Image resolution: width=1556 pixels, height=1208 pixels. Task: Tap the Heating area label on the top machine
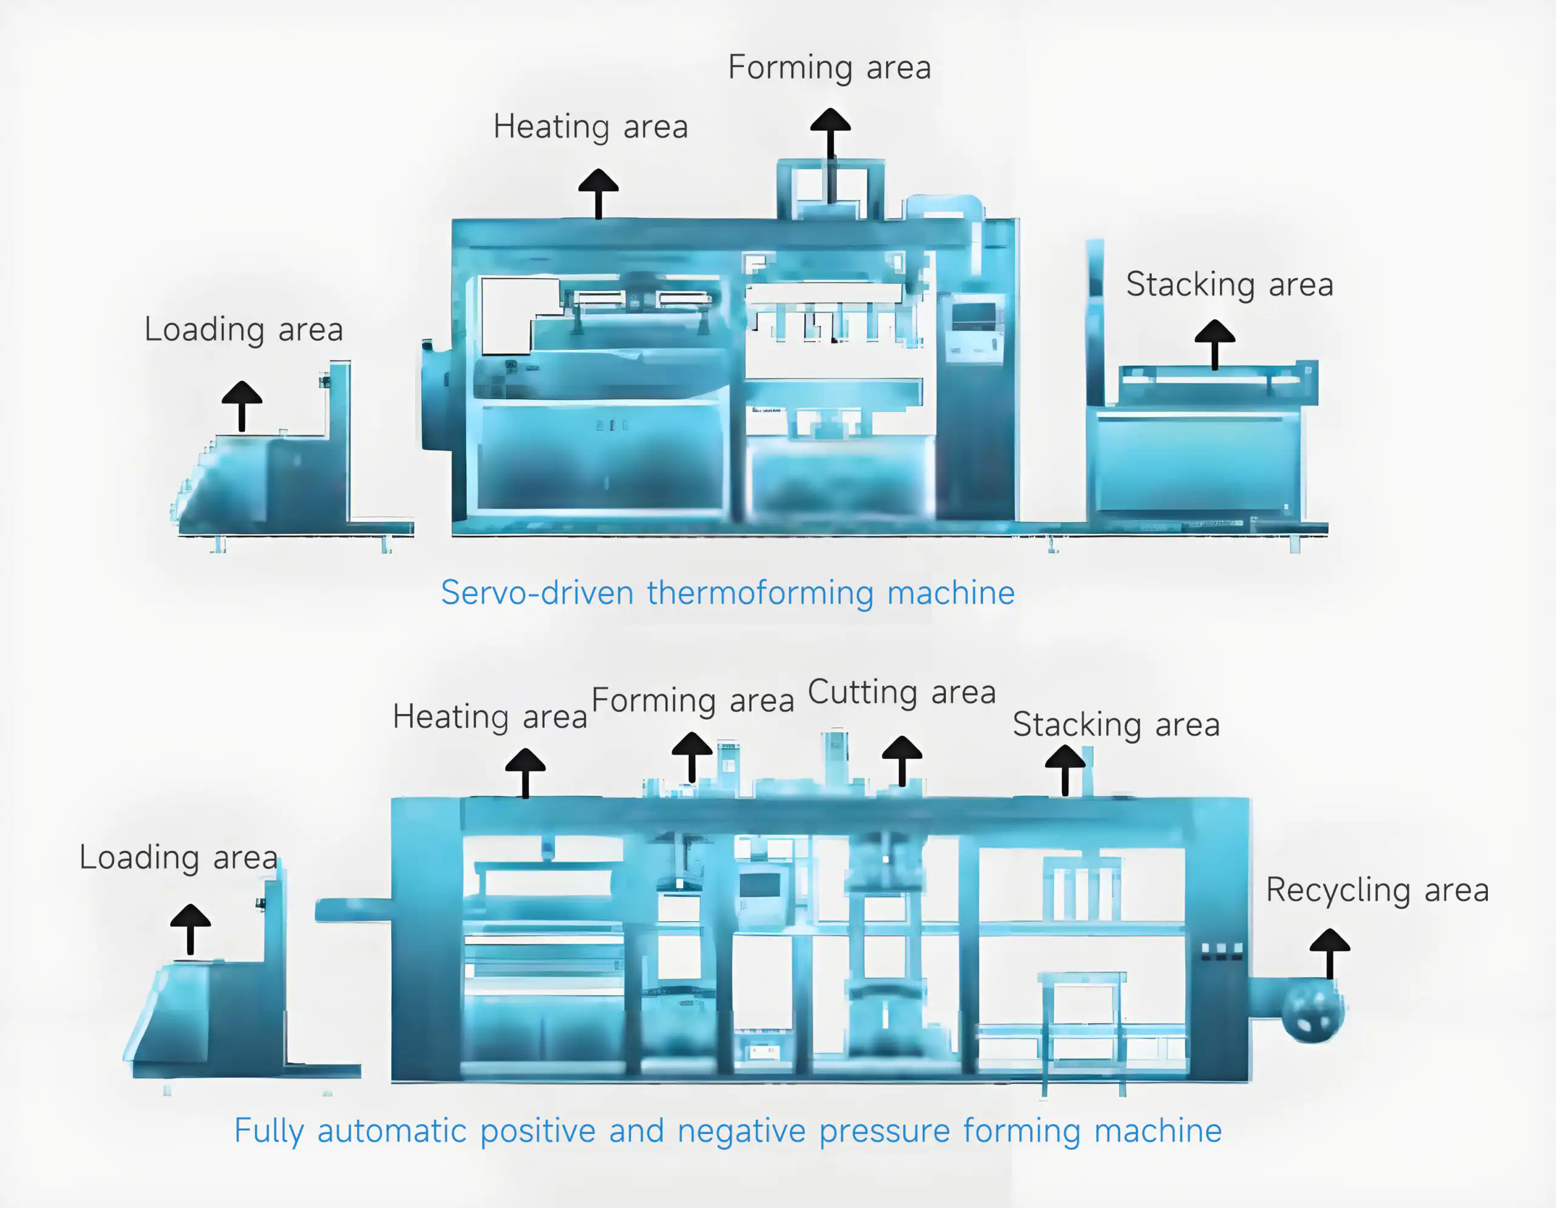click(591, 128)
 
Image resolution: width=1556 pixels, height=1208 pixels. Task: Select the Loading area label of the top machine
click(244, 330)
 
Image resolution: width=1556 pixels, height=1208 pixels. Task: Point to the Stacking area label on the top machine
click(1230, 285)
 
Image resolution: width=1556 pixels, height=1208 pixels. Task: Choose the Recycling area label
click(1377, 890)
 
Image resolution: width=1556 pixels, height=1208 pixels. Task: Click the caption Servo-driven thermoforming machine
click(728, 592)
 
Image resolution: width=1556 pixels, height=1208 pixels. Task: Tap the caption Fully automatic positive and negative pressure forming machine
click(728, 1131)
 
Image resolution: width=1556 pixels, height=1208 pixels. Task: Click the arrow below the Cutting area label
click(902, 760)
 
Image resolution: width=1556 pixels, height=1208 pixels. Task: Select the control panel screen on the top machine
click(974, 315)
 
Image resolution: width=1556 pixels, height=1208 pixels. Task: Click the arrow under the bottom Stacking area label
click(1065, 769)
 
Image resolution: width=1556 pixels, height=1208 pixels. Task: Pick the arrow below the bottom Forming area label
click(692, 757)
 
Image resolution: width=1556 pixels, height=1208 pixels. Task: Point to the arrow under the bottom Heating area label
click(525, 772)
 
